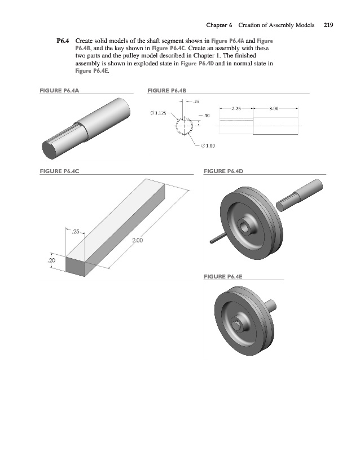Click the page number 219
(x=328, y=25)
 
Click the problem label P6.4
(x=63, y=41)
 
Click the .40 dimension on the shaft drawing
(x=207, y=116)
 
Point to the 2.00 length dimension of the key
(x=138, y=241)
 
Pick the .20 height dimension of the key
(x=51, y=261)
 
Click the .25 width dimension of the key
(x=77, y=231)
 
